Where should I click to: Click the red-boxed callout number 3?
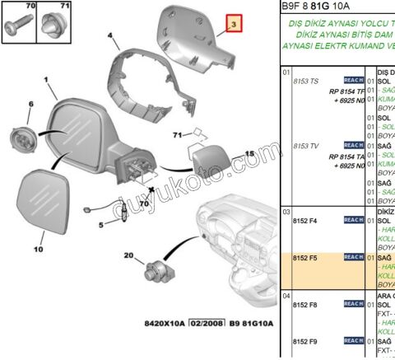coord(235,26)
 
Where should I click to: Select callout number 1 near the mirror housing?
coord(46,81)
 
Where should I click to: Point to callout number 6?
coord(31,104)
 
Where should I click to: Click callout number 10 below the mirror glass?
coord(38,247)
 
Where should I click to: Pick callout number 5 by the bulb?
coord(101,223)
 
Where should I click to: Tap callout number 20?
coord(128,256)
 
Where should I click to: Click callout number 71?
coord(177,134)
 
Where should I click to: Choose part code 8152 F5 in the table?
coord(305,257)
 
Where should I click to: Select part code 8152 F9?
coord(305,341)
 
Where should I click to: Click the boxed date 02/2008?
coord(206,324)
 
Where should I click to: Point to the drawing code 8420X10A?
coord(160,324)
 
